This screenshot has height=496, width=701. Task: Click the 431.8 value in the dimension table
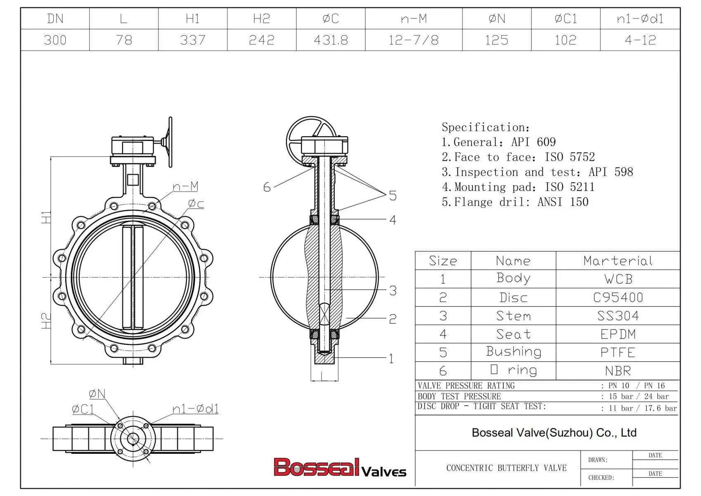coord(331,40)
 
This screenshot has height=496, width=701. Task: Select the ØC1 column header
coord(565,19)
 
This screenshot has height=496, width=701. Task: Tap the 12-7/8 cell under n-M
coord(413,40)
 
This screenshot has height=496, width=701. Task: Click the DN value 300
coord(55,40)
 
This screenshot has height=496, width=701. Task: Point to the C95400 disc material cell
coord(618,297)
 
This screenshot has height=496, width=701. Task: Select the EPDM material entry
coord(618,334)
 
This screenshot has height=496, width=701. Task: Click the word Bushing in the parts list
coord(514,352)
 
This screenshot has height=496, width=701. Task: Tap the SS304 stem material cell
coord(618,316)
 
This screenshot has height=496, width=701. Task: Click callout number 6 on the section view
coord(267,187)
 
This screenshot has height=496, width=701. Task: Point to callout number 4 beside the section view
coord(393,220)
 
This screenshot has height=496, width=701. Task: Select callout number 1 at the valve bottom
coord(391,358)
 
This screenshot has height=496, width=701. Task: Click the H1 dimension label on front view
coord(46,217)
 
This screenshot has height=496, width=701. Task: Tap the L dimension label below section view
coord(324,376)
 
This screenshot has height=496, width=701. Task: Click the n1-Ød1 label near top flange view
coord(195,409)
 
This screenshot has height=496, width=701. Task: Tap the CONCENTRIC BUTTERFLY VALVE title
coord(506,468)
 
